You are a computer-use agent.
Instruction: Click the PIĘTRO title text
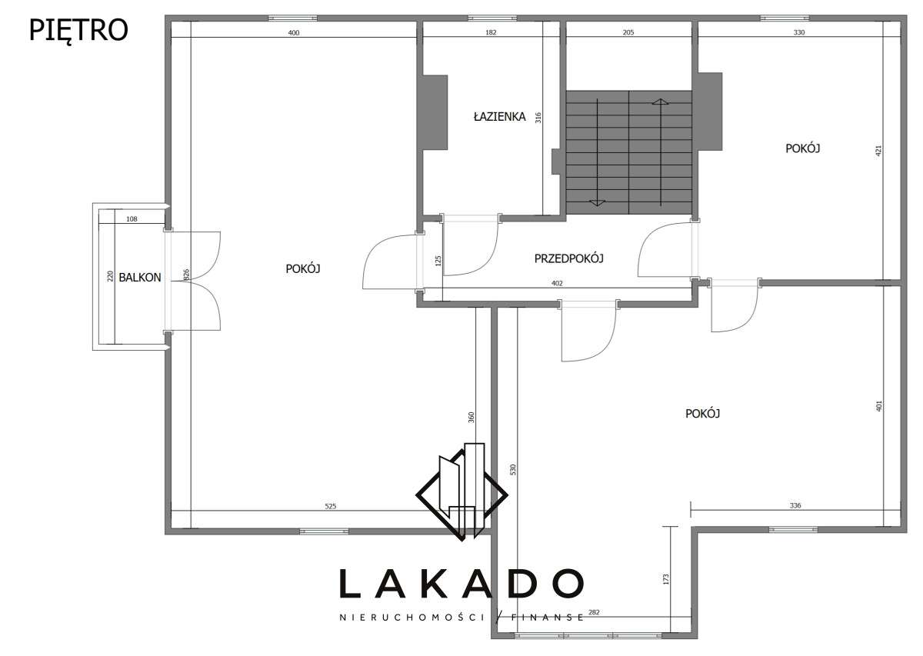point(78,30)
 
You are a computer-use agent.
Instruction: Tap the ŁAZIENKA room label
point(499,117)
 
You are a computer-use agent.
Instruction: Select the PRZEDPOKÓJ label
point(568,258)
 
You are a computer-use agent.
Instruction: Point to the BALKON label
point(140,278)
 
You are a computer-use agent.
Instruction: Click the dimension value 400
point(293,32)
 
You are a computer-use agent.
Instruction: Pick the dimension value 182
point(491,32)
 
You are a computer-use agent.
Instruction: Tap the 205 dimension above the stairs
point(628,32)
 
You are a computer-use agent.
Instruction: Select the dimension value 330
point(799,32)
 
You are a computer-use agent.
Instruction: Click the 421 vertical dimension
point(878,151)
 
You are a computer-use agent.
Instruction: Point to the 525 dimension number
point(331,506)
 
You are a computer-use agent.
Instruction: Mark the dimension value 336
point(795,505)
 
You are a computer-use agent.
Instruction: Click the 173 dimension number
point(666,579)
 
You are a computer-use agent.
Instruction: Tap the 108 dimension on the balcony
point(132,219)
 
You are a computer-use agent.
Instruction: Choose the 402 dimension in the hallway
point(557,283)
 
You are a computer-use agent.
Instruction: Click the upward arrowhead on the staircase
point(660,102)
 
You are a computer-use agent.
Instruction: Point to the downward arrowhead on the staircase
point(597,202)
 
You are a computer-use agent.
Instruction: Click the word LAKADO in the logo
point(461,584)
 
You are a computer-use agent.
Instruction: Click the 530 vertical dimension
point(513,469)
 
